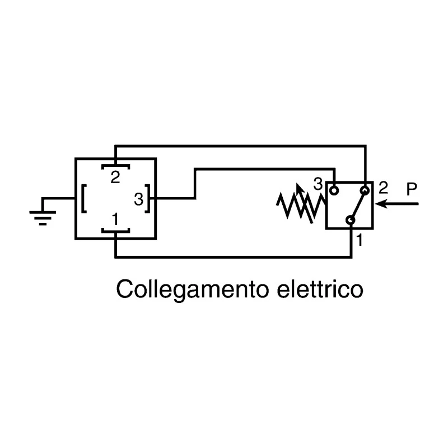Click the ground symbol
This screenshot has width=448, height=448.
pyautogui.click(x=43, y=218)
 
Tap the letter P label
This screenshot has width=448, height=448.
pyautogui.click(x=412, y=189)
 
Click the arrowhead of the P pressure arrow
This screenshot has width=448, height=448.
pyautogui.click(x=381, y=204)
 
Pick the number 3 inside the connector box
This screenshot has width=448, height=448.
pyautogui.click(x=138, y=199)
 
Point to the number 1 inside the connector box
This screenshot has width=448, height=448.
pyautogui.click(x=115, y=220)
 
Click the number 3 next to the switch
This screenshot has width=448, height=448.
pyautogui.click(x=318, y=184)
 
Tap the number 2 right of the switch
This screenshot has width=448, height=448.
pyautogui.click(x=384, y=188)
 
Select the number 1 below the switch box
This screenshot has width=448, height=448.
pyautogui.click(x=359, y=240)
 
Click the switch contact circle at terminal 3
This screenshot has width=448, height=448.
pyautogui.click(x=334, y=190)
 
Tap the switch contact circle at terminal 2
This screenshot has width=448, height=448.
pyautogui.click(x=365, y=190)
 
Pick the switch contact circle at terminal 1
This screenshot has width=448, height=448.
pyautogui.click(x=351, y=220)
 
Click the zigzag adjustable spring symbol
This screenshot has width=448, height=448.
pyautogui.click(x=301, y=206)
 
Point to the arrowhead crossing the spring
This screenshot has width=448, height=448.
pyautogui.click(x=299, y=188)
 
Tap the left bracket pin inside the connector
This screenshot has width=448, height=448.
pyautogui.click(x=84, y=199)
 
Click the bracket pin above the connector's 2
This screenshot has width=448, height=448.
pyautogui.click(x=116, y=166)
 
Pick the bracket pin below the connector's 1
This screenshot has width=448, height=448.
pyautogui.click(x=116, y=231)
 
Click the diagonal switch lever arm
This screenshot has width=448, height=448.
pyautogui.click(x=358, y=205)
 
